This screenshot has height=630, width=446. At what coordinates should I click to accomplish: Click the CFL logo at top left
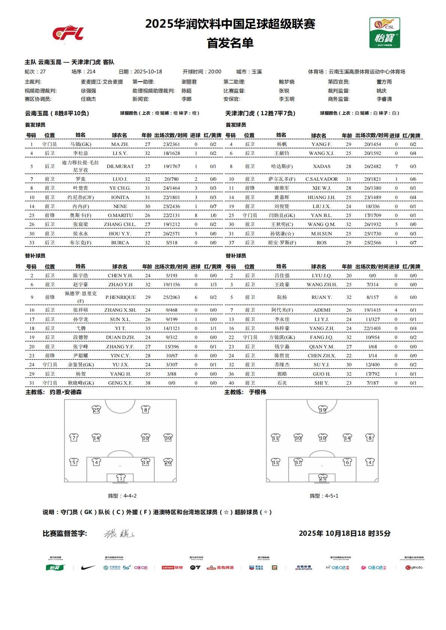tap(68, 33)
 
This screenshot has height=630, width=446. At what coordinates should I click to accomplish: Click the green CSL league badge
tap(385, 33)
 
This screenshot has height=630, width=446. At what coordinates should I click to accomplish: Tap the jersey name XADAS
tap(321, 166)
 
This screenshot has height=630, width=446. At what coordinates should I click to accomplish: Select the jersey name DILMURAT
tap(120, 166)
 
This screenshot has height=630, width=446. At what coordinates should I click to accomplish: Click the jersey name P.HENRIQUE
tap(120, 297)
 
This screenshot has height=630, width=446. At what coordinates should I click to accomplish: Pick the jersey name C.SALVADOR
tap(321, 179)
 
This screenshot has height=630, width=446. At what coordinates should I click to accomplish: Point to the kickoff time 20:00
tap(214, 71)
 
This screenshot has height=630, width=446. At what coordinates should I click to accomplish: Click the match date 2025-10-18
tap(148, 71)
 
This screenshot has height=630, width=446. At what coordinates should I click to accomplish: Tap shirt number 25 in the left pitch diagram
tap(96, 410)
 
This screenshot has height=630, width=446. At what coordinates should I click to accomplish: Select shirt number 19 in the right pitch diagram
tap(322, 410)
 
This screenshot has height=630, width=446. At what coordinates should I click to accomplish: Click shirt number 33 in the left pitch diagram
tap(145, 462)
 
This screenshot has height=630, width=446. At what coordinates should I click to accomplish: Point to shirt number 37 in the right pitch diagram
tap(298, 462)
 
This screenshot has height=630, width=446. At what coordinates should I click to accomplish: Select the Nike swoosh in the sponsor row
tap(88, 568)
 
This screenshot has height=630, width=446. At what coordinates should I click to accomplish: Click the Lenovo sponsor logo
tap(172, 568)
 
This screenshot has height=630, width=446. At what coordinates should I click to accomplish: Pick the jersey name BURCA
tap(120, 242)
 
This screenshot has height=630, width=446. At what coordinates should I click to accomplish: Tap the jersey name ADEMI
tap(322, 310)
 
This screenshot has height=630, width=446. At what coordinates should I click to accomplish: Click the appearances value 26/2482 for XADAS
tap(373, 166)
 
